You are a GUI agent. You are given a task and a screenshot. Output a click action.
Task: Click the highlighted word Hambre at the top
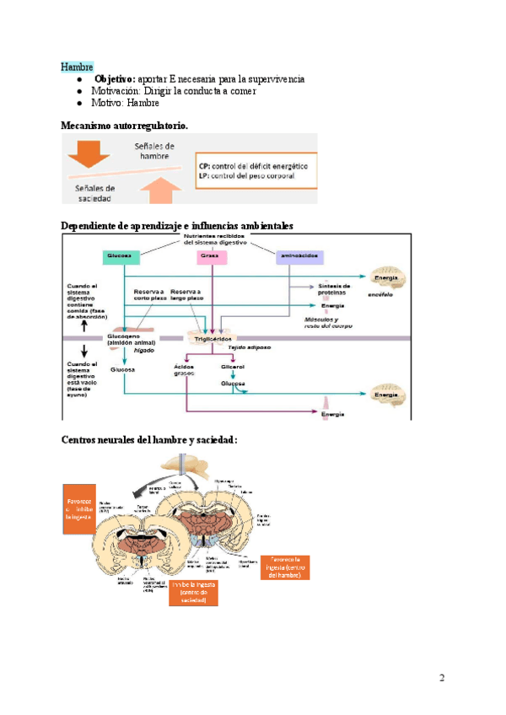point(77,67)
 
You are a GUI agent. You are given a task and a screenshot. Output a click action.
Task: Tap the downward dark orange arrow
point(89,154)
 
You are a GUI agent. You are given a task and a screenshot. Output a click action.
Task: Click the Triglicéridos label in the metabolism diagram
point(213,337)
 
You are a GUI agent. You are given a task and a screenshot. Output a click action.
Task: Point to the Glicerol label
point(233,368)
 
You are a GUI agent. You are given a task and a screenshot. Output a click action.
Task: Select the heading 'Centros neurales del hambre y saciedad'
point(149,440)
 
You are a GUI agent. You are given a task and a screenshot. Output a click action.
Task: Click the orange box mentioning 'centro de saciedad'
point(199,592)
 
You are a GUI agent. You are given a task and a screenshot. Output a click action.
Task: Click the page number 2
point(441,679)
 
